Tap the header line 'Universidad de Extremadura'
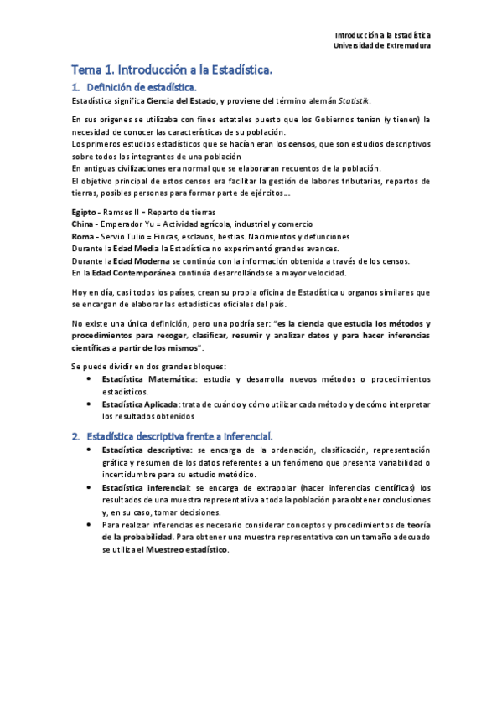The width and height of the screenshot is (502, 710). point(382,46)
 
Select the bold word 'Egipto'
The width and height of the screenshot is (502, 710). point(85,213)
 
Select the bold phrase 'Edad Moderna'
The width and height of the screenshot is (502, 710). point(137,260)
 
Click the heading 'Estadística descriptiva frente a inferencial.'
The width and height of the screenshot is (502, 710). point(184,435)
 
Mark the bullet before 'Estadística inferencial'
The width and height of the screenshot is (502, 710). point(90,487)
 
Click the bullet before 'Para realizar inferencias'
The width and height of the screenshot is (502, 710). point(90,525)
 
